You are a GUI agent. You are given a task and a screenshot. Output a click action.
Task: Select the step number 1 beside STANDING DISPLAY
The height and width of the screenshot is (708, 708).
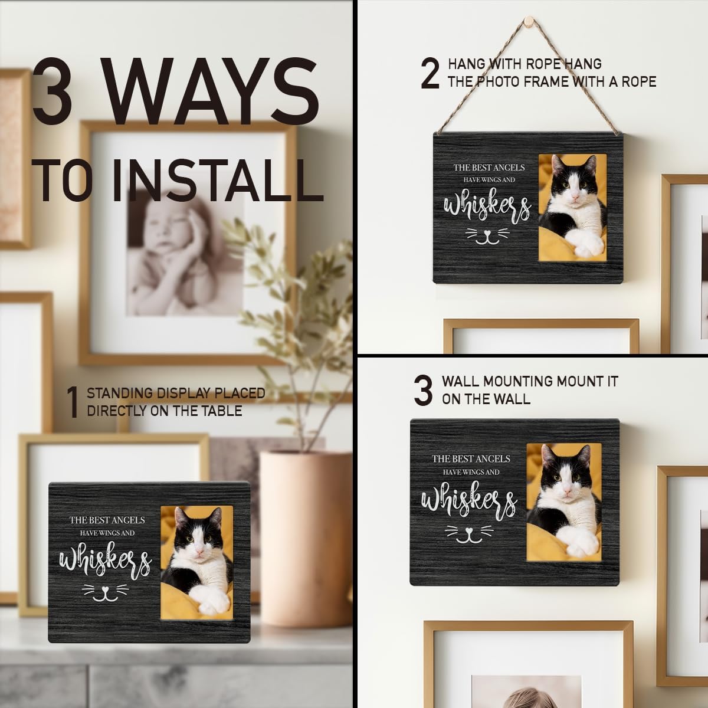73,403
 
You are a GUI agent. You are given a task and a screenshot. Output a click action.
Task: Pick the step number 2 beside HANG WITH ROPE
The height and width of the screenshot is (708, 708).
430,74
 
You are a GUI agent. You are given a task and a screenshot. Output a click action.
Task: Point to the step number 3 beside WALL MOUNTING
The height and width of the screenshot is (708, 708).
423,391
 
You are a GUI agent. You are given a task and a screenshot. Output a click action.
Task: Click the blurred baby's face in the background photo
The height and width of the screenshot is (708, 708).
171,225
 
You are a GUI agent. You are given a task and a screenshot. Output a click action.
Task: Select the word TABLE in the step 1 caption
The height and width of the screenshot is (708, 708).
221,411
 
